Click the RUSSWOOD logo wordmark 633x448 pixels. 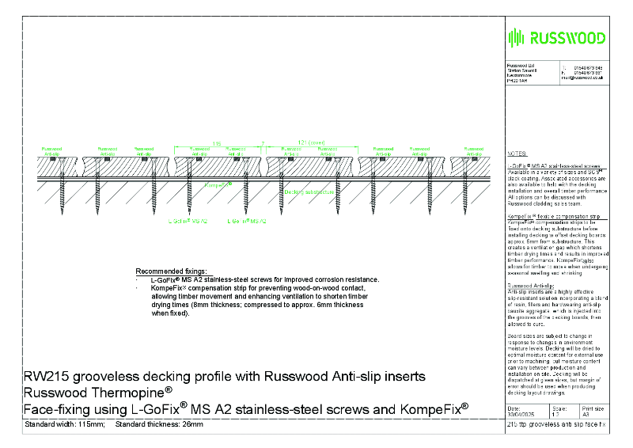566,38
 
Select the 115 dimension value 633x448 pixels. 216,143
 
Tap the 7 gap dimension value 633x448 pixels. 262,143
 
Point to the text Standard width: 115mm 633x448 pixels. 64,425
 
